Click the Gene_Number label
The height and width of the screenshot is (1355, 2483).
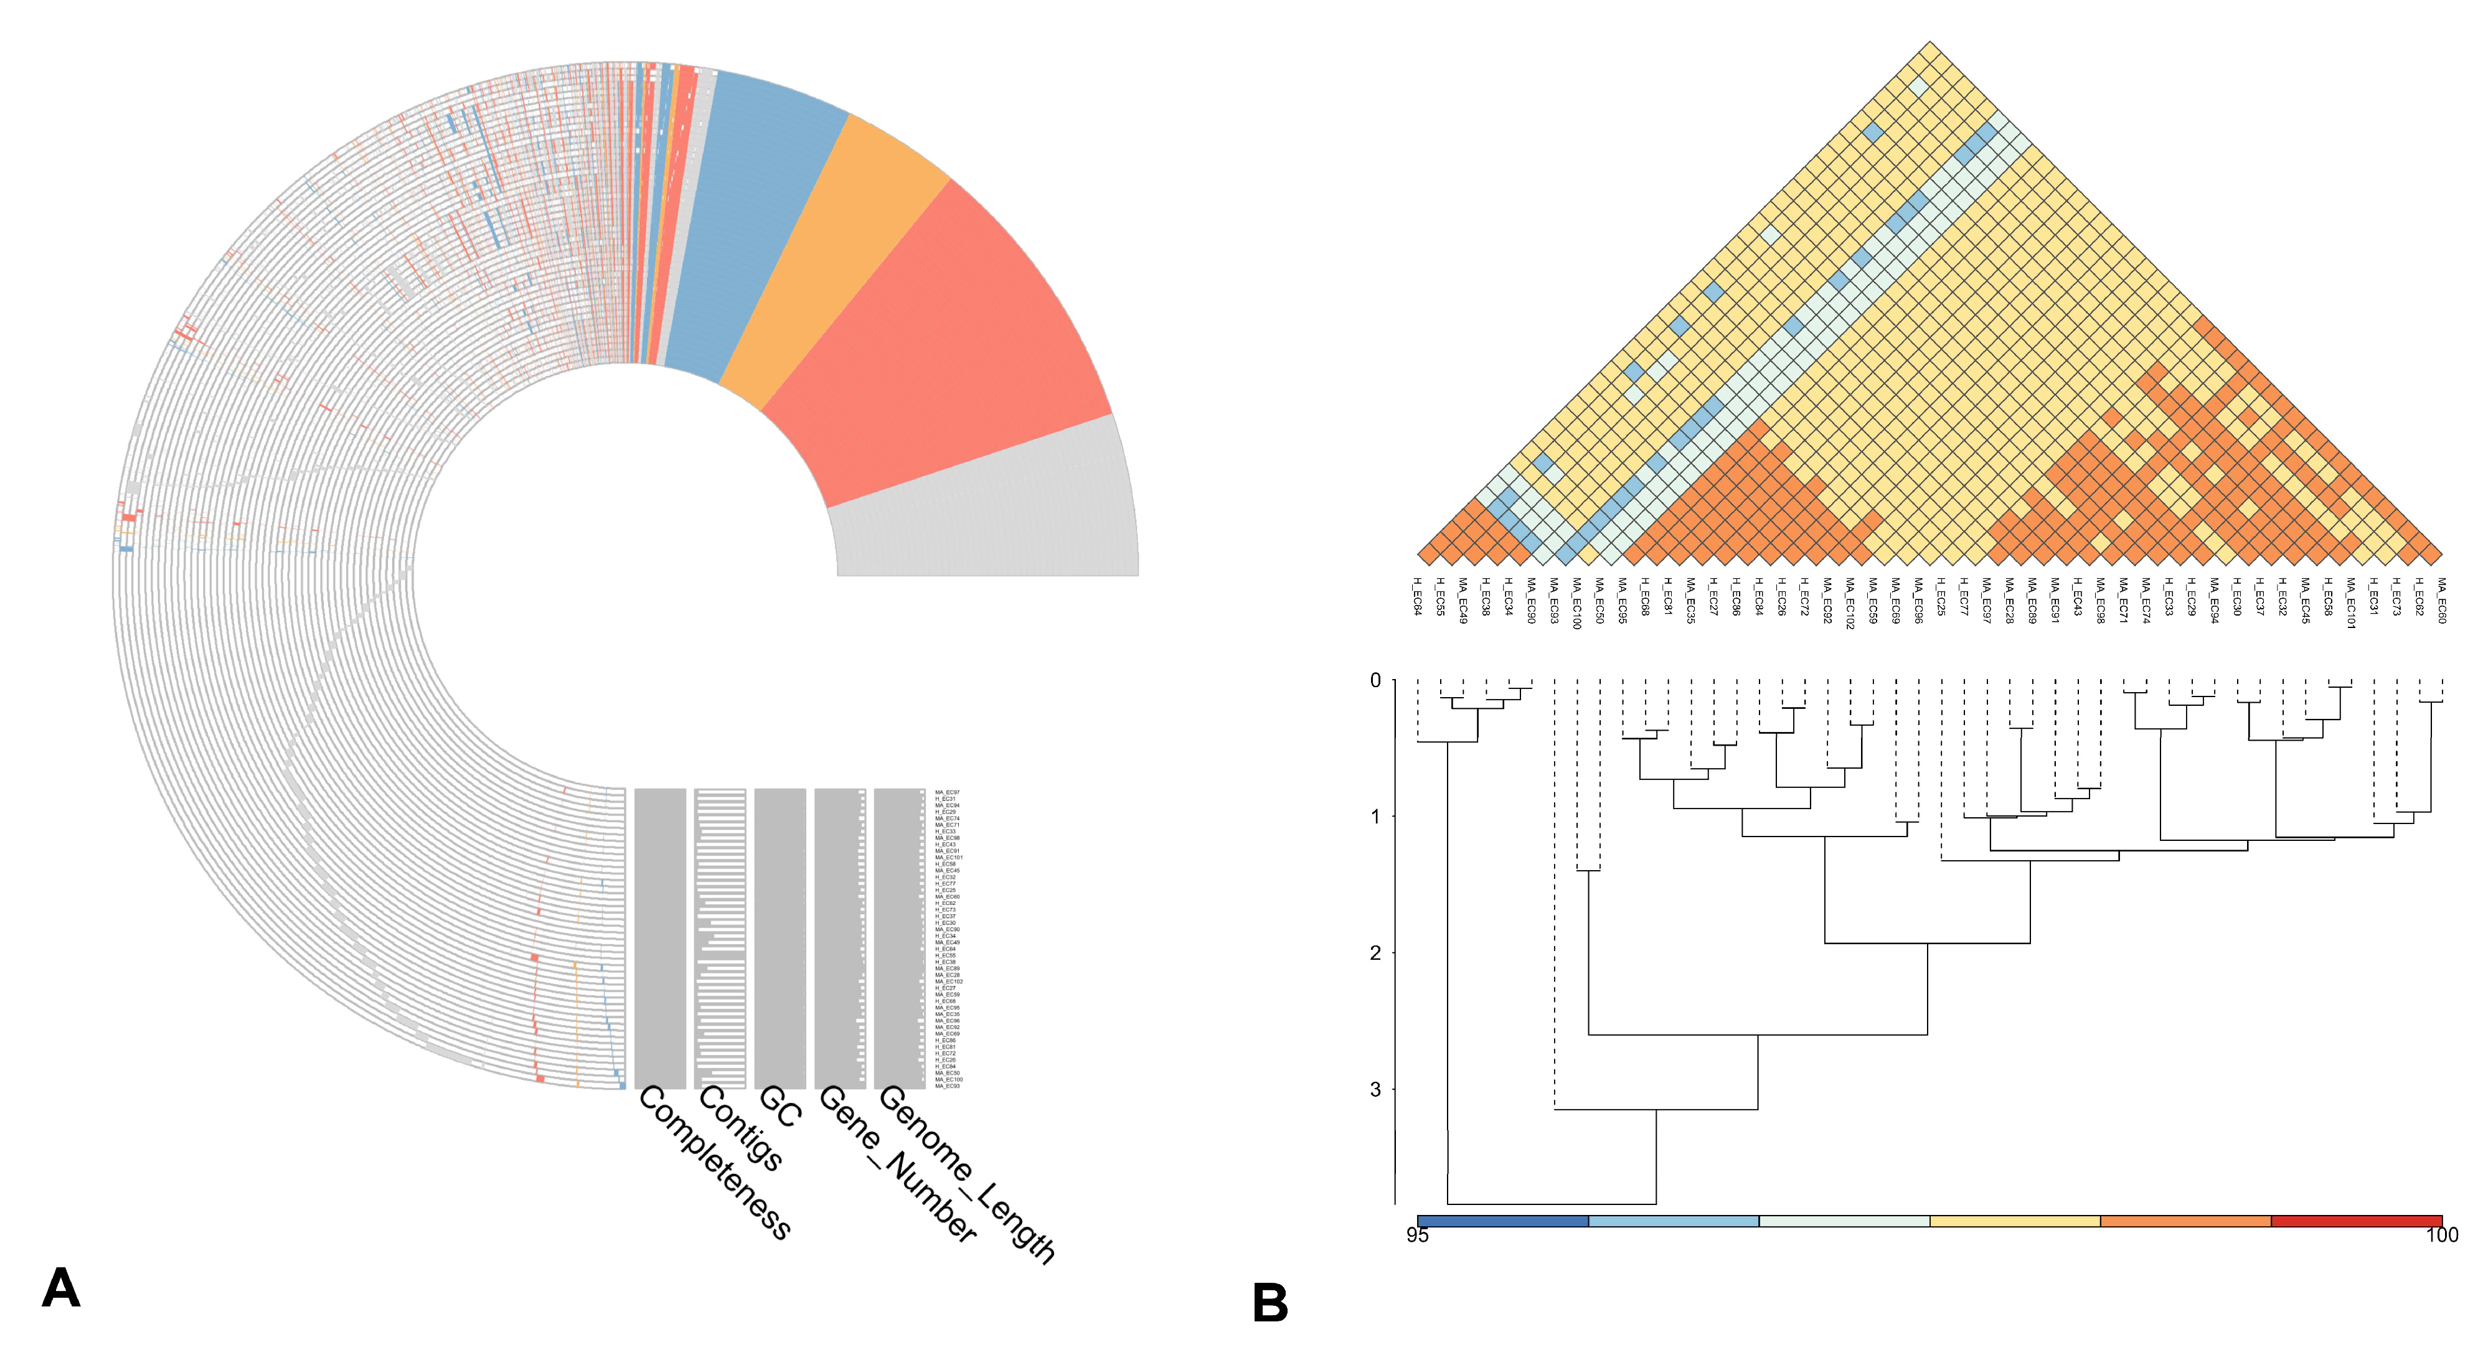click(x=897, y=1164)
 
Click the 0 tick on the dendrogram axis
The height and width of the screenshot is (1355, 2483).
click(x=1375, y=680)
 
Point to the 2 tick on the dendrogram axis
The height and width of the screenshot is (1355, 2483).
click(x=1375, y=952)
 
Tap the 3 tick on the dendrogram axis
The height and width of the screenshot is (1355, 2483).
click(x=1375, y=1089)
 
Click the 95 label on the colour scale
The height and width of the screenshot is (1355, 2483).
click(x=1417, y=1234)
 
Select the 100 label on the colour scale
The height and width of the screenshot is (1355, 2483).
click(x=2441, y=1234)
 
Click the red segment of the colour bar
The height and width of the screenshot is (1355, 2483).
click(x=2356, y=1221)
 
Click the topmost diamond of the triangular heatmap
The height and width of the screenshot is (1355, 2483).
click(x=1929, y=53)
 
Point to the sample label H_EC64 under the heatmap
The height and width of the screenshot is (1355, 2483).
click(x=1417, y=596)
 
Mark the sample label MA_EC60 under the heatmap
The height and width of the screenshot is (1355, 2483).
click(x=2441, y=599)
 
